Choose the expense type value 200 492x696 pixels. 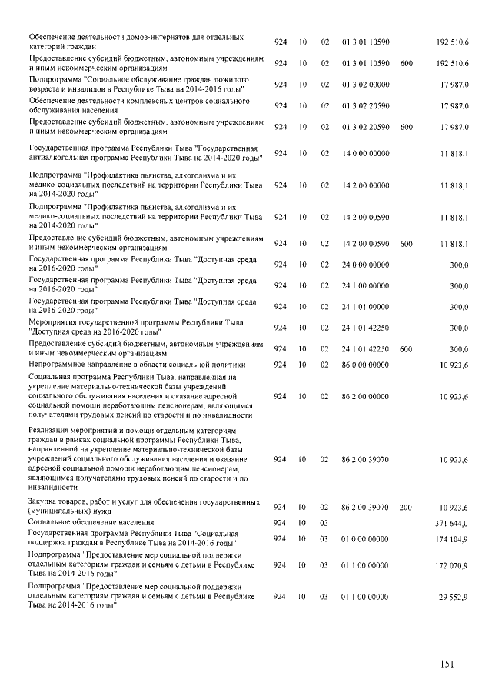pos(406,507)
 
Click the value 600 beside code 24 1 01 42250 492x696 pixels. pos(406,348)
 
